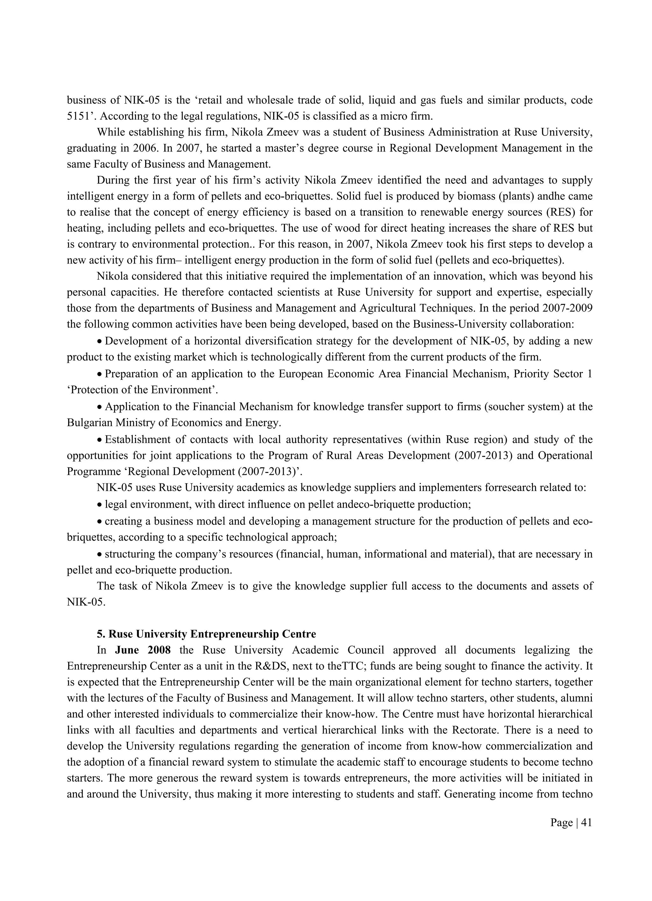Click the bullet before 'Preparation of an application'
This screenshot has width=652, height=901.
coord(100,374)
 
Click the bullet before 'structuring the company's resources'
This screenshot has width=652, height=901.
coord(100,554)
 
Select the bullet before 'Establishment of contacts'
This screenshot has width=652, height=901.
coord(100,440)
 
